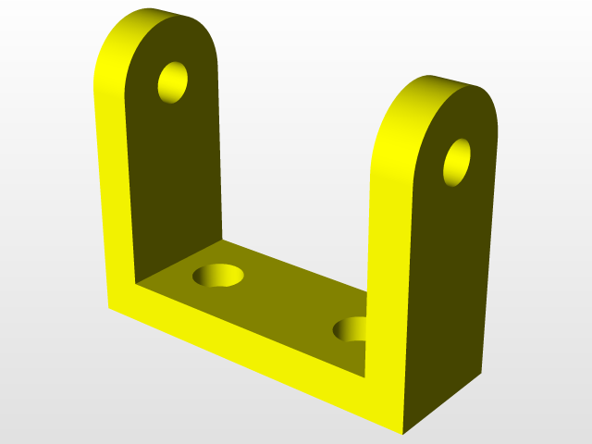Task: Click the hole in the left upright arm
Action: (x=173, y=82)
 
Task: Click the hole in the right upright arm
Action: (x=457, y=162)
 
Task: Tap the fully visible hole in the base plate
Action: (x=218, y=275)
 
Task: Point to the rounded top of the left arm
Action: (x=157, y=20)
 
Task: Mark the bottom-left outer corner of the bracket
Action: (x=110, y=307)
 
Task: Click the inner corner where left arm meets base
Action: (x=136, y=280)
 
